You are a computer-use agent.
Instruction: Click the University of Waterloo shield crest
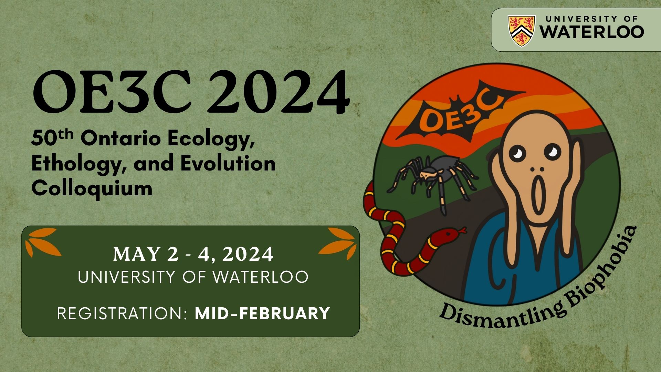[x=522, y=30]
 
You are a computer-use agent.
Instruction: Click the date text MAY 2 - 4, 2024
[x=193, y=254]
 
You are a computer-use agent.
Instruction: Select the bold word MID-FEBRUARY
[x=262, y=313]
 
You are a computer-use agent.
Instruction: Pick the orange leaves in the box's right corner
[x=338, y=243]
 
